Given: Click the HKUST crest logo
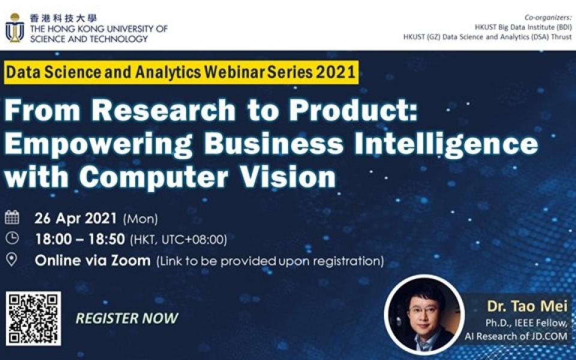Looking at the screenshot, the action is [x=15, y=28].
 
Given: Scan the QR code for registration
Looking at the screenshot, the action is [x=34, y=319].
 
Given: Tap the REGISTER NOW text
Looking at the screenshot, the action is [x=127, y=318].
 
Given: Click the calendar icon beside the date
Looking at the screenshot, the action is [x=12, y=217].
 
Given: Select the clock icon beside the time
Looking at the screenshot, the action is [x=12, y=238].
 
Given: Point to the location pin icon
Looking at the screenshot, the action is [x=12, y=260].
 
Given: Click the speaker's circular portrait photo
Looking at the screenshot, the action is [x=424, y=314].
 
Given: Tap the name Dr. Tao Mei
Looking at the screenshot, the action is [x=527, y=307].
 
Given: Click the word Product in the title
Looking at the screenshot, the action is [x=353, y=110].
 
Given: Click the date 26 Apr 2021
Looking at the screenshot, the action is [x=76, y=218].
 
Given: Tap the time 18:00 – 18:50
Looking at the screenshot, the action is [x=80, y=239].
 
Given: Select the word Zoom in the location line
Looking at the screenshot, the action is [x=131, y=260].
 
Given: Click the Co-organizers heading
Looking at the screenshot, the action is [x=548, y=17].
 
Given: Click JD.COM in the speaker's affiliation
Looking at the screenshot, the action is [x=547, y=336].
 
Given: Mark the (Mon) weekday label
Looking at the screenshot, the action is [x=140, y=219].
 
